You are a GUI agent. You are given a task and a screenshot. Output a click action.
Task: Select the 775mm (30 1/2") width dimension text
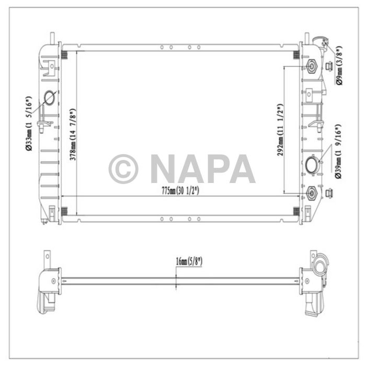(180, 191)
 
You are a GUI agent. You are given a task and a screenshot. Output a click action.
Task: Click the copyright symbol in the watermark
(123, 168)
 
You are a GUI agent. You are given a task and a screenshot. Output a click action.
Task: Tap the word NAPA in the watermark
(203, 168)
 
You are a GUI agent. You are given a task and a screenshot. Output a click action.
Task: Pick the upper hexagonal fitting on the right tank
(312, 67)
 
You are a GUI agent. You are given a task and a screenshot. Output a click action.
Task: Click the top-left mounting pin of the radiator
(52, 39)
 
